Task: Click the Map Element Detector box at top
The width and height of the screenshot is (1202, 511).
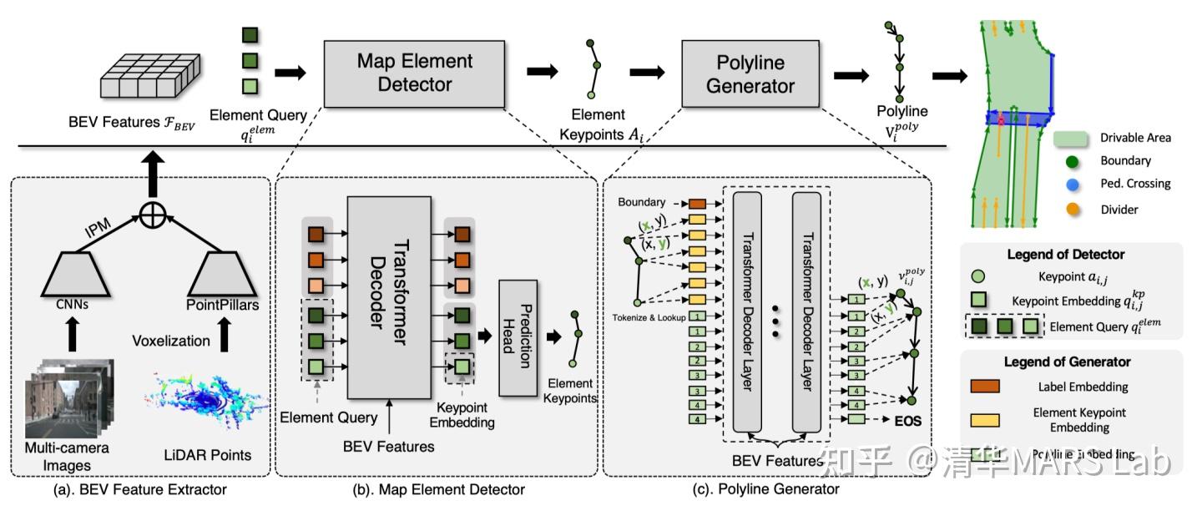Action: pyautogui.click(x=415, y=73)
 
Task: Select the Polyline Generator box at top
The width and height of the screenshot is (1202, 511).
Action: pyautogui.click(x=751, y=74)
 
